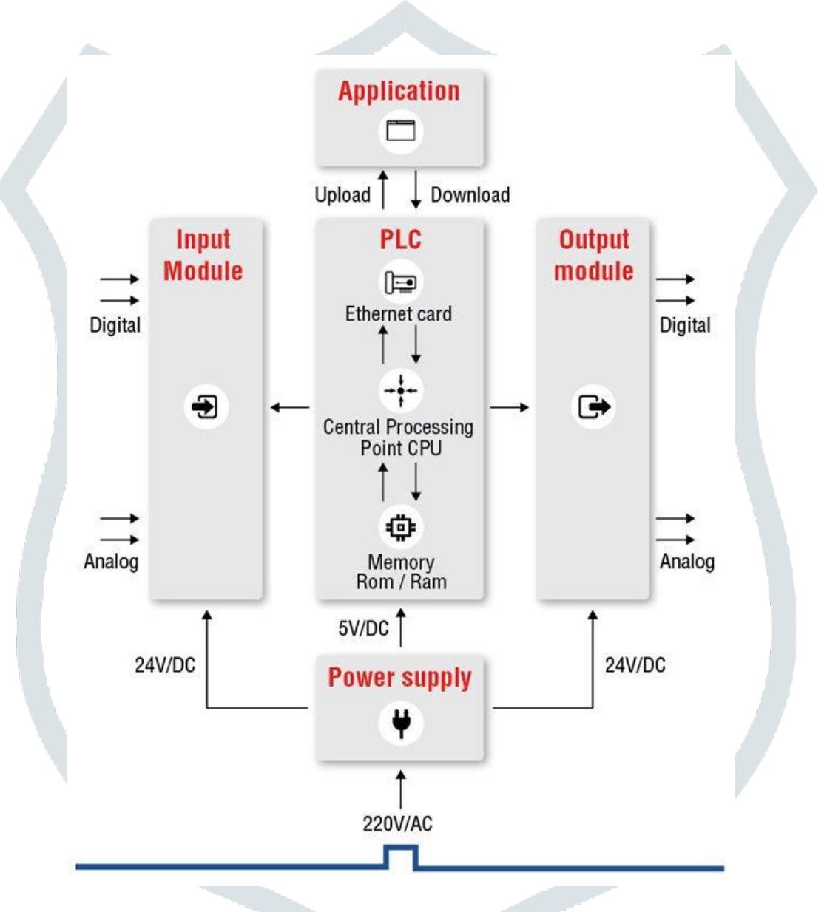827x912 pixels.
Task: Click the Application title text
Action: coord(399,91)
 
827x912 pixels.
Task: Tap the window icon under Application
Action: coord(400,131)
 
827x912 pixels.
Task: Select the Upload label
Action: coord(342,195)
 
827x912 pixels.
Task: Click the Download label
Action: coord(470,195)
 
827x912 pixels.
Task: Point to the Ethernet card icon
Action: coord(400,282)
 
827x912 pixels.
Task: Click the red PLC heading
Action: coord(400,239)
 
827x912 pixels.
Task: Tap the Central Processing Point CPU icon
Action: coord(400,390)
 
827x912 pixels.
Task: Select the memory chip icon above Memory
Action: coord(400,527)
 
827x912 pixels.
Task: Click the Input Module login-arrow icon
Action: coord(206,406)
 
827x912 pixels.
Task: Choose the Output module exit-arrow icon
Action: coord(593,406)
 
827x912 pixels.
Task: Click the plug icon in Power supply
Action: coord(400,722)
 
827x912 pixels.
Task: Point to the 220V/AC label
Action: coord(397,823)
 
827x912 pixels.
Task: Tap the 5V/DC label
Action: coord(363,628)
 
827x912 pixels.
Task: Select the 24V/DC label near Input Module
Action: coord(165,665)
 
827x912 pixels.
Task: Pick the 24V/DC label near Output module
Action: coord(635,665)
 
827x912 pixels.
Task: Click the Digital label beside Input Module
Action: coord(115,325)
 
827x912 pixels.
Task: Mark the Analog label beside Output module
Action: coord(686,562)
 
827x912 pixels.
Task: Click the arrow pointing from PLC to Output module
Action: coord(510,406)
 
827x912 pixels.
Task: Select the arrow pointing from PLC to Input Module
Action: coord(290,406)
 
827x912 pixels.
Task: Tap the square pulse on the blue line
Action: coord(400,857)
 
